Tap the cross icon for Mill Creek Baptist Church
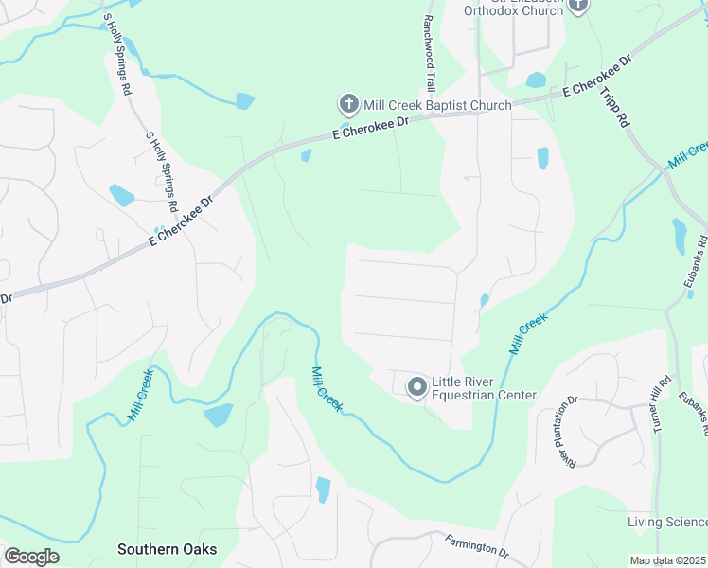348,103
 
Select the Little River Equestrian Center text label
484,388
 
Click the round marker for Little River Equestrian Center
416,386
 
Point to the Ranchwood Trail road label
429,53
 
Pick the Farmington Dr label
477,546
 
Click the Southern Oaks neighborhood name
167,549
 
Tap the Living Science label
667,523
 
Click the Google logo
31,557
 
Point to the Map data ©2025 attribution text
668,560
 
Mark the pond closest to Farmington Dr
323,489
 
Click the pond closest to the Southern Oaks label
218,415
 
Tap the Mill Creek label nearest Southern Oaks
140,396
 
